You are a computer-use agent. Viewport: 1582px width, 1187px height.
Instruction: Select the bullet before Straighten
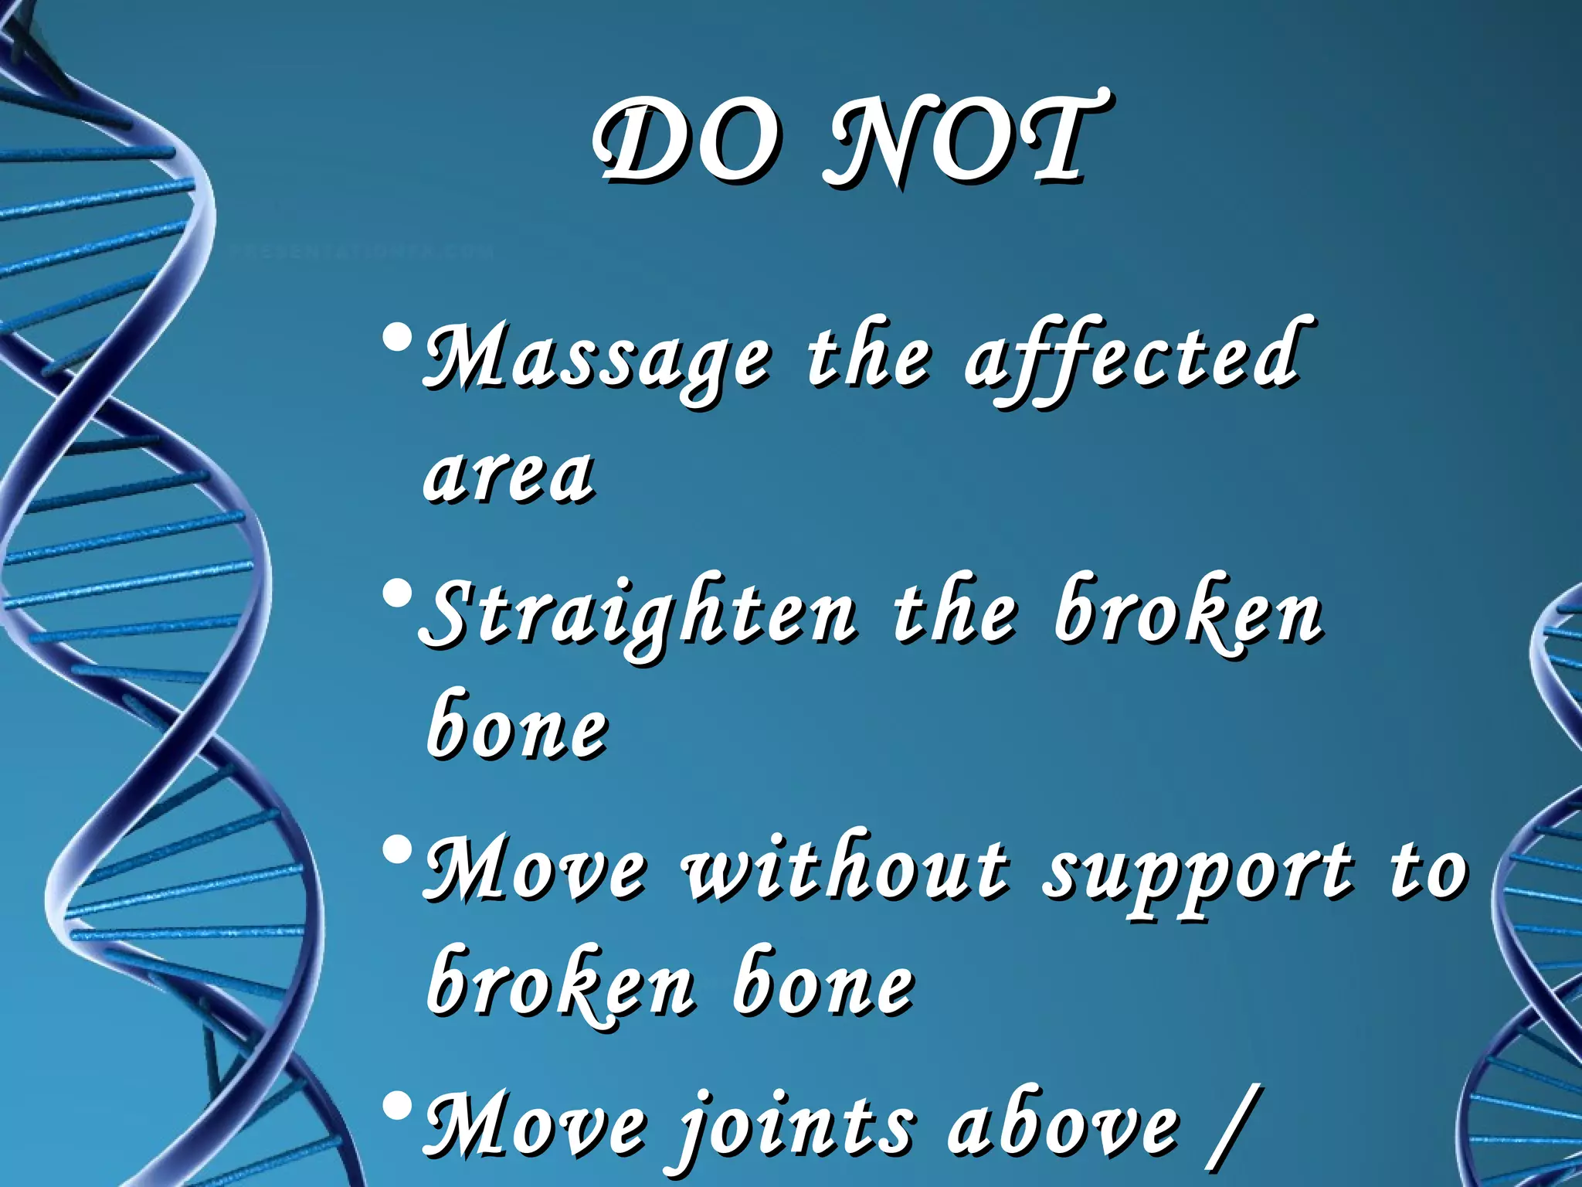pos(397,595)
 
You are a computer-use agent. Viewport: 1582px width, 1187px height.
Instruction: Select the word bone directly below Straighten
pos(518,726)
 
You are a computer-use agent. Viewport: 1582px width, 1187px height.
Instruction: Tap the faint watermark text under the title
pos(363,251)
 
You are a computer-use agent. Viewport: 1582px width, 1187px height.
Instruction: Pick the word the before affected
pos(868,359)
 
